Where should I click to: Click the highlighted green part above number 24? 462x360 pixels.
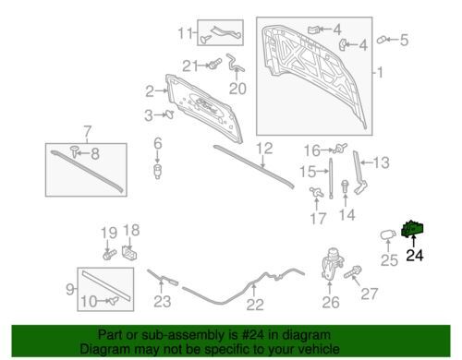[x=412, y=229]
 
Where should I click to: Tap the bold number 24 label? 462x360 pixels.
[x=415, y=256]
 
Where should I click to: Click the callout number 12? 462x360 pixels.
[x=264, y=149]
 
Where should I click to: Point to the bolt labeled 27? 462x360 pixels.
[x=353, y=272]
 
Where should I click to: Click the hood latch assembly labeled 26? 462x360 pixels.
[x=332, y=264]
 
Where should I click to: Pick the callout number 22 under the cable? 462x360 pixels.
[x=255, y=305]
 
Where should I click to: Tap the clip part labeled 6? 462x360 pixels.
[x=158, y=172]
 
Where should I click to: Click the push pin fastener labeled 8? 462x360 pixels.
[x=74, y=151]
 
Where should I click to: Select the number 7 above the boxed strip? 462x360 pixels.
[x=88, y=132]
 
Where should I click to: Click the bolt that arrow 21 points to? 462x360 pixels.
[x=215, y=64]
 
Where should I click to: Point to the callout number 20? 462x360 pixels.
[x=237, y=89]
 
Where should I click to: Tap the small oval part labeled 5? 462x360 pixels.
[x=382, y=40]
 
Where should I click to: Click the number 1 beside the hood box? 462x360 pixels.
[x=380, y=73]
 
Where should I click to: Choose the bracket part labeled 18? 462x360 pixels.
[x=129, y=253]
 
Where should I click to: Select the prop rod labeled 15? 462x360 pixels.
[x=331, y=178]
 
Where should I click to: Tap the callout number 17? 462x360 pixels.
[x=318, y=219]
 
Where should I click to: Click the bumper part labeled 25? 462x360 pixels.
[x=388, y=234]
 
